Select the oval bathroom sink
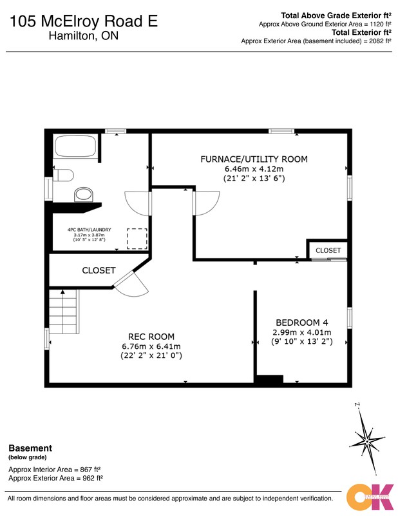(84, 195)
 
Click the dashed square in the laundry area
(137, 239)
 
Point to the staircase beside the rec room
(64, 312)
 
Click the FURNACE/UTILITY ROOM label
(254, 159)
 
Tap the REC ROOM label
(151, 337)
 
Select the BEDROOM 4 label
(301, 322)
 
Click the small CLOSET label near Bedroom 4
(328, 250)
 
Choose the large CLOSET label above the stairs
(99, 270)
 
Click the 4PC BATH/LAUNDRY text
(90, 230)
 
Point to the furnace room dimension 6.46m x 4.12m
(254, 169)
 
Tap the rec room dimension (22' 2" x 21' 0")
(151, 355)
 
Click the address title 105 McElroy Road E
(84, 21)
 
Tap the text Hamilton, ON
(84, 35)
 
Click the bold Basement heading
(30, 448)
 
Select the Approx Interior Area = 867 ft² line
(55, 470)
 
